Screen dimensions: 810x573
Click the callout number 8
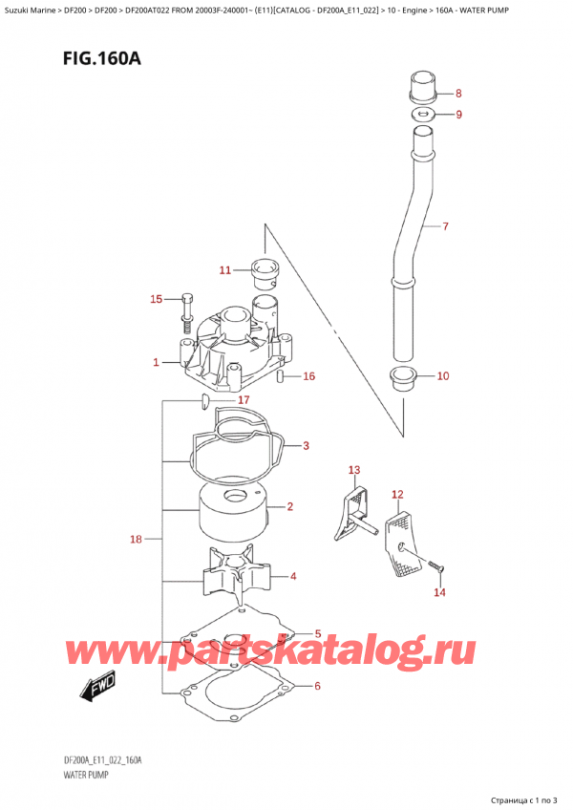tap(458, 94)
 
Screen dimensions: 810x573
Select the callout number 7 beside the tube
tap(445, 227)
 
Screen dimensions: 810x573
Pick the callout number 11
tap(224, 270)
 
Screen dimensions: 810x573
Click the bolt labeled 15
tap(185, 303)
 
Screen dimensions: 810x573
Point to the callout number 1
tap(155, 362)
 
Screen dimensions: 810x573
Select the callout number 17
tap(244, 399)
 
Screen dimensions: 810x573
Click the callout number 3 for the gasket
tap(306, 445)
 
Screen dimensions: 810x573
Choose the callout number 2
tap(288, 506)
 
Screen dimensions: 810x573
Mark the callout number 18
tap(136, 540)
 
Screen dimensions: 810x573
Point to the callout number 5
tap(319, 632)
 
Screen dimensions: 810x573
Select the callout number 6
tap(319, 686)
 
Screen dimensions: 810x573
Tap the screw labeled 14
tap(437, 569)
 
